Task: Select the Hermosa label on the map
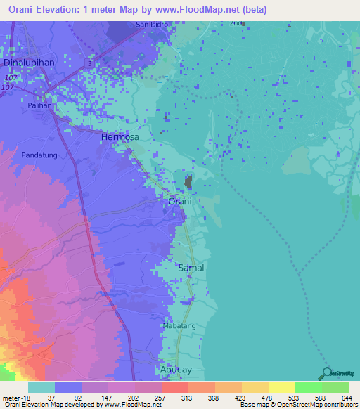[x=120, y=137]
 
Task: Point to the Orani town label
[x=180, y=202]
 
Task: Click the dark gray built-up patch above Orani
[x=188, y=182]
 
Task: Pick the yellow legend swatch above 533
[x=281, y=387]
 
